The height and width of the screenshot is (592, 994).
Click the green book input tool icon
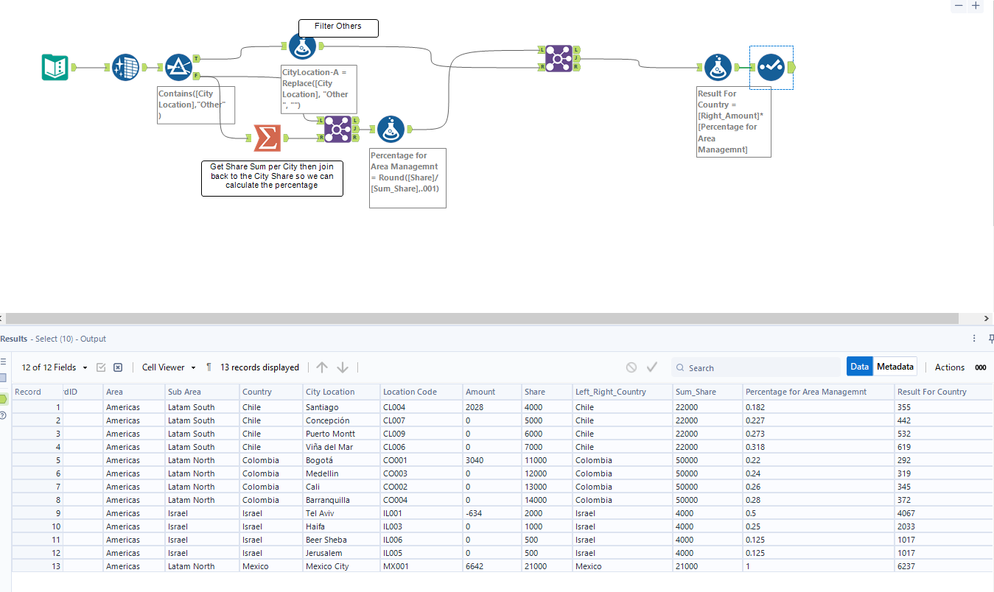tap(55, 68)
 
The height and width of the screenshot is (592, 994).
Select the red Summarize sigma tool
tap(267, 138)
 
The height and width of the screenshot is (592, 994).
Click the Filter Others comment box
tap(338, 28)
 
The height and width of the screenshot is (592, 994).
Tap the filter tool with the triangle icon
tap(178, 68)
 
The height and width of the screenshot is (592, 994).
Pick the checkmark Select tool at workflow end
tap(771, 68)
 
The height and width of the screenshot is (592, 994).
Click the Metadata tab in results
tap(895, 367)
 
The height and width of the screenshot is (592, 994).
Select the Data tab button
tap(859, 367)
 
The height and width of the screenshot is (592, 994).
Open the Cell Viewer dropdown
tap(169, 367)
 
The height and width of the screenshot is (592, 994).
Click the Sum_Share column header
tap(696, 392)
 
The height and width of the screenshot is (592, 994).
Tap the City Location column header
tap(330, 392)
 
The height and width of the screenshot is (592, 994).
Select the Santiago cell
tap(322, 407)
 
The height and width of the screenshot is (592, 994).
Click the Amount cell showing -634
tap(474, 513)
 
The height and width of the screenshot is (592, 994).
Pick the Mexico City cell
tap(329, 566)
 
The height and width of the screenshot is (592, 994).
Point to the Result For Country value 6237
tap(906, 566)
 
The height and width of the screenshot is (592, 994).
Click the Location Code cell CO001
tap(395, 460)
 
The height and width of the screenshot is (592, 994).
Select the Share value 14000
tap(536, 500)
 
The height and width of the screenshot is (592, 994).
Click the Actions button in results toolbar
tap(949, 367)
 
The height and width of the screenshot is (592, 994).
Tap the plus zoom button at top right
tap(976, 6)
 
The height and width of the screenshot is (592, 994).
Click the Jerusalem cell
tap(324, 553)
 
